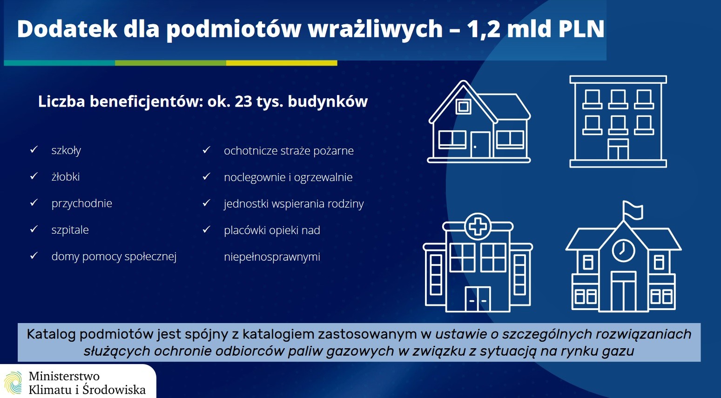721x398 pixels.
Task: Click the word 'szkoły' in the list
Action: (x=66, y=150)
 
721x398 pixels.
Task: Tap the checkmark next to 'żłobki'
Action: (x=34, y=176)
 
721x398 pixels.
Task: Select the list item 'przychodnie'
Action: (x=82, y=203)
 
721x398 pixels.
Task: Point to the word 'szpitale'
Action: (x=70, y=230)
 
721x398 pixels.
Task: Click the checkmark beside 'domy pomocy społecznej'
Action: (x=34, y=256)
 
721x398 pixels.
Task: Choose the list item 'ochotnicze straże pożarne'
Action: (x=289, y=151)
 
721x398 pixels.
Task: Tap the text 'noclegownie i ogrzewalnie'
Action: (x=288, y=177)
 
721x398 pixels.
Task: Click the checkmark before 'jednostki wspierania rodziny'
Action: (x=206, y=203)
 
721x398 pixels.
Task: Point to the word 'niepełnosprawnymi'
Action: (x=272, y=257)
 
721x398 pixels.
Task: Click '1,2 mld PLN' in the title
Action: (x=535, y=29)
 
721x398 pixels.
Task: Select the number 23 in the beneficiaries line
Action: (x=243, y=101)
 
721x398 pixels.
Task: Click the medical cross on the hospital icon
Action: (x=478, y=227)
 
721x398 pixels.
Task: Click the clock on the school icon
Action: (x=623, y=250)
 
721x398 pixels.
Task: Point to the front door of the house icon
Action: (x=480, y=145)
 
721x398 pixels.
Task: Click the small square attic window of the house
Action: (x=464, y=107)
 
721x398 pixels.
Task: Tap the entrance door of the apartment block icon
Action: (x=618, y=149)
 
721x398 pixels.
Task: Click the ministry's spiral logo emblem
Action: (x=13, y=383)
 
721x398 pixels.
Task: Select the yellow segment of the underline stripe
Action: (x=282, y=63)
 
